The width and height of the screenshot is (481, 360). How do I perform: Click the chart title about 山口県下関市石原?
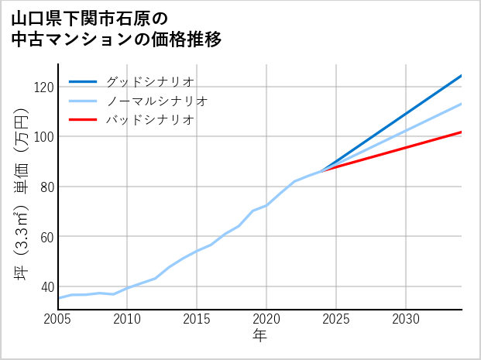pos(116,29)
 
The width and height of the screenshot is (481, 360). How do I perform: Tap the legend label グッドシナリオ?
pos(150,81)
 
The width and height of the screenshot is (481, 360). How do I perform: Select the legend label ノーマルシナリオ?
pos(157,101)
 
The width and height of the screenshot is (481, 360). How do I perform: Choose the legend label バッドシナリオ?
pos(150,120)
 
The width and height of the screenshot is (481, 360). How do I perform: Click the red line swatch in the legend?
pos(83,120)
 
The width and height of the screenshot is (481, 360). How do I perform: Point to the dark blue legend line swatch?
pos(83,81)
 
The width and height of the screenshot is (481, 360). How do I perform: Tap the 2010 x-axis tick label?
pos(127,319)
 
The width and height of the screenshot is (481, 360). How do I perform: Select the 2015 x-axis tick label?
pos(197,319)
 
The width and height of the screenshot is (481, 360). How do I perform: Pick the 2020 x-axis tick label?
pos(266,319)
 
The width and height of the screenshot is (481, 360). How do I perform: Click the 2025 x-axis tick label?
pos(336,319)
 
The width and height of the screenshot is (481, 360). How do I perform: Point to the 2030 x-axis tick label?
pos(406,319)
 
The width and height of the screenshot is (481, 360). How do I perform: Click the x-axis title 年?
pos(259,336)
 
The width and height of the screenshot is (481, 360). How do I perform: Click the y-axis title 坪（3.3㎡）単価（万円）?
pos(22,187)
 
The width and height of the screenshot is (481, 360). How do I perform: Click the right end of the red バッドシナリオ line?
pos(461,132)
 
